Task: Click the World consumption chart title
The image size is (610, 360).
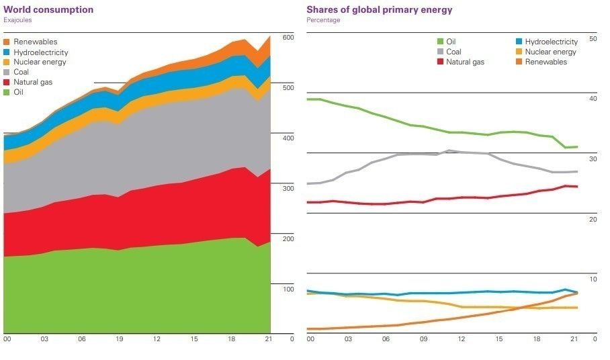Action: tap(48, 10)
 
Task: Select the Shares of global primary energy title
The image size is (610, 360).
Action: tap(379, 10)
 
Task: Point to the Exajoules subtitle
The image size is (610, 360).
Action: tap(18, 20)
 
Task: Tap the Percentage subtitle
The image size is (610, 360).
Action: tap(323, 20)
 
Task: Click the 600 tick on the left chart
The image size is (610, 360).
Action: tap(288, 38)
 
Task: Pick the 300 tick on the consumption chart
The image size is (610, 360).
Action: tap(288, 189)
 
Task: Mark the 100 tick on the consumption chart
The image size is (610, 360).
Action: tap(288, 289)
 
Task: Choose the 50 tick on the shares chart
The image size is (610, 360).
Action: tap(593, 39)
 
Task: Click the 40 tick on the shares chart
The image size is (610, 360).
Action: tap(593, 99)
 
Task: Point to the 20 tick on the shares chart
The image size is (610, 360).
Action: tap(593, 220)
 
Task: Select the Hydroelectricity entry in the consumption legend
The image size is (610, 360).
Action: tap(40, 52)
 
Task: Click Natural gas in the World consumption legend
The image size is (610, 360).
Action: tap(33, 82)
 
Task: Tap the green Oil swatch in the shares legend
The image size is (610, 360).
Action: tap(440, 42)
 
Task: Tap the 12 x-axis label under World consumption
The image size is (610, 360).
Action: tap(157, 339)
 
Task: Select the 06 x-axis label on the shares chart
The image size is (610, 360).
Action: tap(386, 339)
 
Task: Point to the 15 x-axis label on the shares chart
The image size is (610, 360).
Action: tap(499, 339)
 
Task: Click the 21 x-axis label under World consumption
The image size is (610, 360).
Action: tap(268, 339)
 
